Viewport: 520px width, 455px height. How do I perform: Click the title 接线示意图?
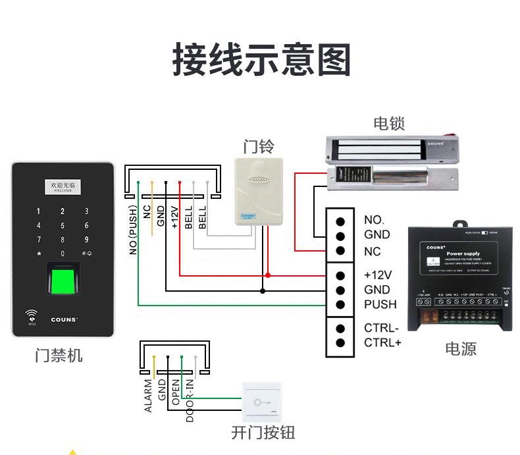(x=261, y=60)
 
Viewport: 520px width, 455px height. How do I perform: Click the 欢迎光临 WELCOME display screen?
(x=63, y=188)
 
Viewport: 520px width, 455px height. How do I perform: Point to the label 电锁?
(x=388, y=123)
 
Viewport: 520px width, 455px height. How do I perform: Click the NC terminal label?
(x=372, y=252)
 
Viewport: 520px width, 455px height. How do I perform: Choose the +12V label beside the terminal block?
(x=377, y=275)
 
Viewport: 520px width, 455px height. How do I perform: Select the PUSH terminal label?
(x=380, y=304)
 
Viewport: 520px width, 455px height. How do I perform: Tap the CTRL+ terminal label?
(x=381, y=342)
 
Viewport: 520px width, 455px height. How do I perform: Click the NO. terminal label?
(x=373, y=220)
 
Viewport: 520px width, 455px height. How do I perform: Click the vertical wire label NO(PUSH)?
(x=133, y=228)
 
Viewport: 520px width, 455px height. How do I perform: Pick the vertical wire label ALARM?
(x=149, y=395)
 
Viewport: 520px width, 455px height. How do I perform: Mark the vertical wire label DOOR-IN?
(x=190, y=400)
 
